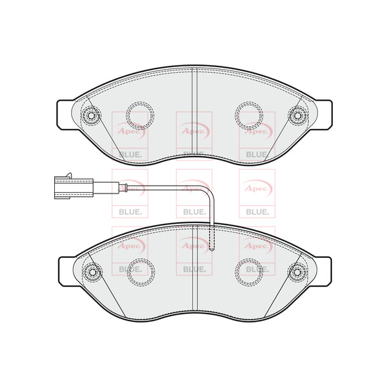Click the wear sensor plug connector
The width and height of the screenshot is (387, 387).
[x=74, y=188]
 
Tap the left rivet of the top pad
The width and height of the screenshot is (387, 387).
[x=91, y=115]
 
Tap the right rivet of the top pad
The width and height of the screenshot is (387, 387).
[x=297, y=115]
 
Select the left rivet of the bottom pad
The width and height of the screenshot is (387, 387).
[x=92, y=272]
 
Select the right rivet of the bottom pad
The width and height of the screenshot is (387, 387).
[x=297, y=272]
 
